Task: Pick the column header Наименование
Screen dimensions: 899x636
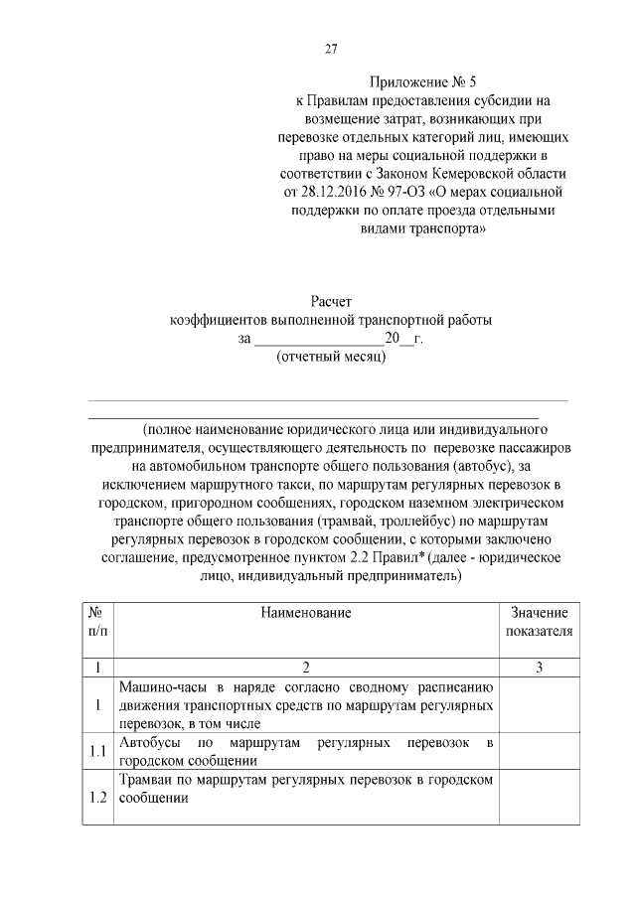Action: (x=306, y=613)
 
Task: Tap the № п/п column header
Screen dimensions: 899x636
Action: (x=97, y=622)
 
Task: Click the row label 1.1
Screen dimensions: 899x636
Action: (x=97, y=752)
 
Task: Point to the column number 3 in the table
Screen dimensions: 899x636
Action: (x=539, y=668)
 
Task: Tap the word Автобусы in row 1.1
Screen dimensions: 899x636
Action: (x=150, y=743)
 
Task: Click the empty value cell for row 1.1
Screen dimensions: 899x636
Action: (x=539, y=752)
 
